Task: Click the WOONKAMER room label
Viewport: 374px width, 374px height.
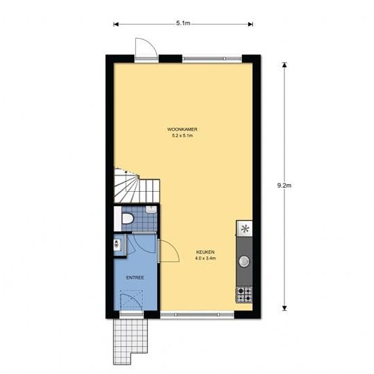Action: (182, 129)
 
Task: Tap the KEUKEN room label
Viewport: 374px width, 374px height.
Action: (205, 252)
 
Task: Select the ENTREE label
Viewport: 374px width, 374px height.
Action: (135, 277)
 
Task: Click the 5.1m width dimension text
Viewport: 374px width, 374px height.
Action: (183, 23)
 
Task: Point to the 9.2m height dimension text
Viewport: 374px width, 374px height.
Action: (284, 186)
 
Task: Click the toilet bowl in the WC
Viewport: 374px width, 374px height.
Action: (127, 218)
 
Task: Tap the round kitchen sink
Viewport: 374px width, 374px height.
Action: (244, 261)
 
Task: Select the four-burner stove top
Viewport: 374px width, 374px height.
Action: (244, 294)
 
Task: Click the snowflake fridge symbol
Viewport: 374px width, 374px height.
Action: (245, 229)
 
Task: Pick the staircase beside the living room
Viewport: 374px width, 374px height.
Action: (137, 186)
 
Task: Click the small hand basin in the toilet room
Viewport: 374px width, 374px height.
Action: (151, 209)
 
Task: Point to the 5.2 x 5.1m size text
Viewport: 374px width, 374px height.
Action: (182, 136)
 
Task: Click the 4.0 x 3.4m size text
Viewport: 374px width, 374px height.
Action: (205, 258)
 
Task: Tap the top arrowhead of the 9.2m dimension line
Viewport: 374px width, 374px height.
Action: (284, 65)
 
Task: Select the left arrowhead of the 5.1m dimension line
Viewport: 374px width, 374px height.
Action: (116, 24)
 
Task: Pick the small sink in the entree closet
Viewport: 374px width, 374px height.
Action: (117, 245)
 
